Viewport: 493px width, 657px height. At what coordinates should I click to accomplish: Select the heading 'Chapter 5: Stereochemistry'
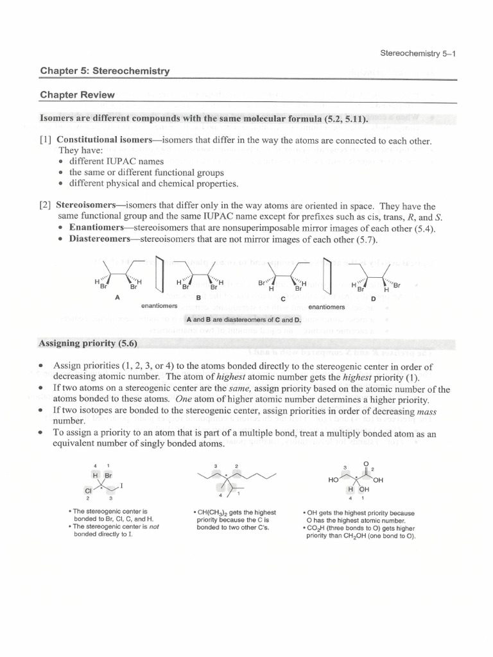click(105, 71)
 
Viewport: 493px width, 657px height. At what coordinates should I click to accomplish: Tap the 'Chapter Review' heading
click(77, 95)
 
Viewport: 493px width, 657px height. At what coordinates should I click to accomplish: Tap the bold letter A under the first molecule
click(117, 297)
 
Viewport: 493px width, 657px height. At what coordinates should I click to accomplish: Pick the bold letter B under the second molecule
click(198, 298)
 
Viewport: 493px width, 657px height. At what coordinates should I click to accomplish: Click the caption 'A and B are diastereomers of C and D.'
click(243, 320)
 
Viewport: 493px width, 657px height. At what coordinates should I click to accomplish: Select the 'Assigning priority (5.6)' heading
click(89, 343)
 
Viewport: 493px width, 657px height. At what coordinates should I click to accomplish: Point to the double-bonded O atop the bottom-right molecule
click(366, 464)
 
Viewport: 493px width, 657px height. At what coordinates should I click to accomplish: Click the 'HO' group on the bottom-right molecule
click(333, 480)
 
